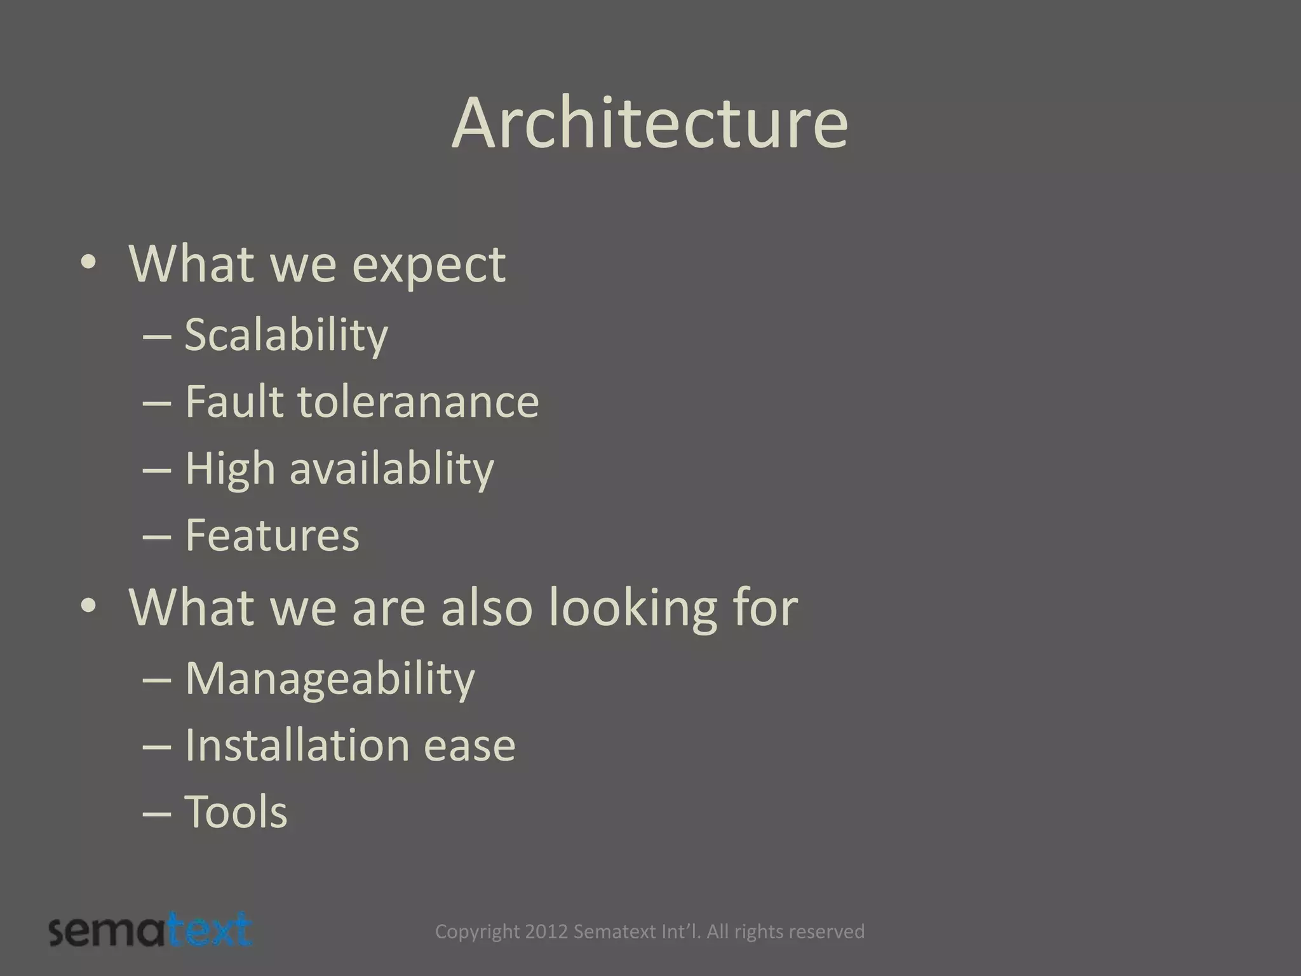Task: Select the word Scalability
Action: [x=286, y=335]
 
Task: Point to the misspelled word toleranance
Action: [x=418, y=402]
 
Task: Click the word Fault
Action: [x=233, y=402]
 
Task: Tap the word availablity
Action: [x=391, y=470]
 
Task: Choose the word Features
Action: [x=272, y=535]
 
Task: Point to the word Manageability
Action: [x=330, y=679]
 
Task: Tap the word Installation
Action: [x=297, y=745]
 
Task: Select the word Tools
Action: [x=236, y=812]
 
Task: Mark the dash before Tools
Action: [x=157, y=813]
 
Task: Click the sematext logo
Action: [x=151, y=930]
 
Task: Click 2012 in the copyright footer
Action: [x=546, y=932]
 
